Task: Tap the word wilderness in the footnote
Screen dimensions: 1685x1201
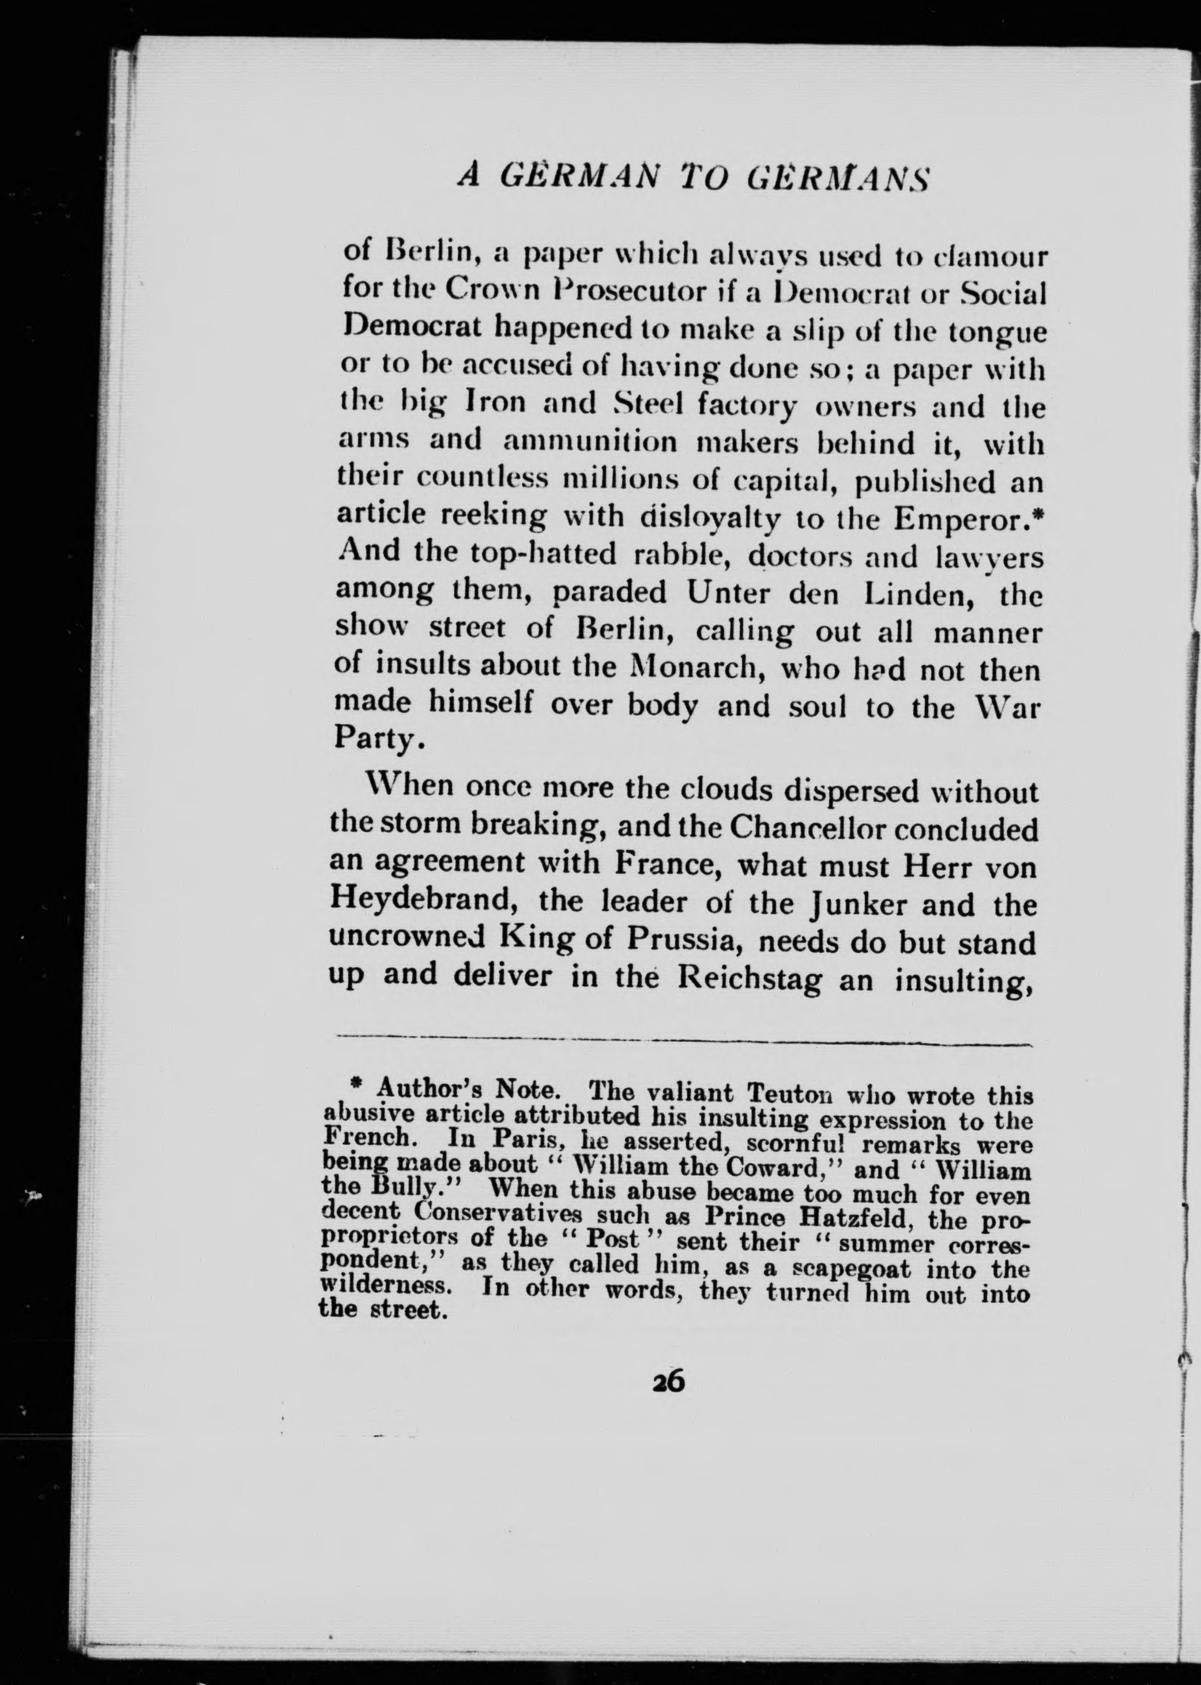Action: tap(387, 1287)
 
